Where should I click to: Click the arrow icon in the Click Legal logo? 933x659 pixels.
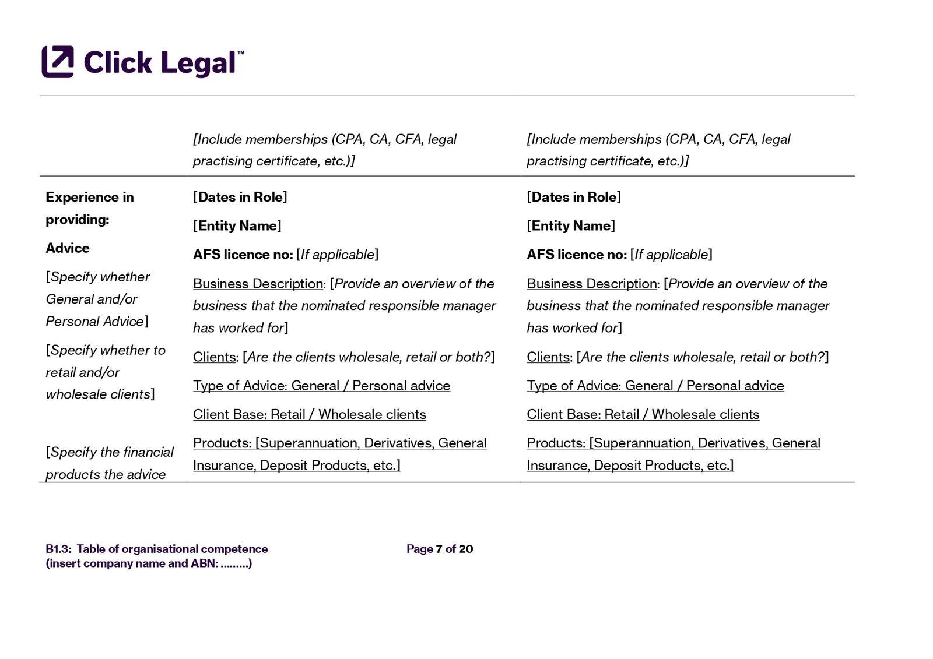point(58,61)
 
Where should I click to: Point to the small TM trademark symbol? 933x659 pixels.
point(241,53)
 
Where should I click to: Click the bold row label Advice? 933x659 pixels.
point(68,248)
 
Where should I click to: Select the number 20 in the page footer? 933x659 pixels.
point(466,549)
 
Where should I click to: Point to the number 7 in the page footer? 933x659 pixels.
point(439,549)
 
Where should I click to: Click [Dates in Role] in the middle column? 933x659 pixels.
point(240,197)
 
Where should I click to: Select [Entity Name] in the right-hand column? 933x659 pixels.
point(571,225)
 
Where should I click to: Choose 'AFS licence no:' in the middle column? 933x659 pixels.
point(243,255)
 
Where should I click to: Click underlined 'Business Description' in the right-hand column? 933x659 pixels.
point(592,284)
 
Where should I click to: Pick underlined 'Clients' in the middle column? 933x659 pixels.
point(214,357)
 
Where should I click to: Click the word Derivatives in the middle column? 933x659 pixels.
point(398,443)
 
